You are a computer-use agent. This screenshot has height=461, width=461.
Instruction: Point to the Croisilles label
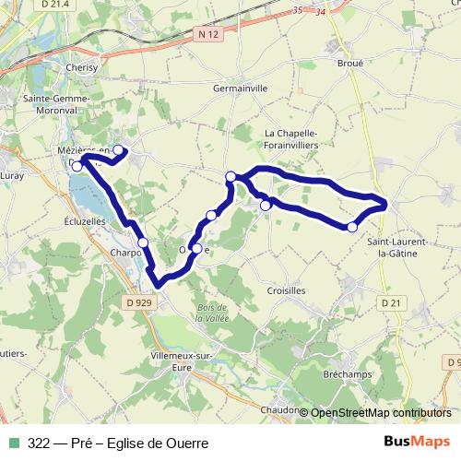point(285,290)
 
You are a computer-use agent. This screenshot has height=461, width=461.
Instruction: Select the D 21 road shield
point(391,302)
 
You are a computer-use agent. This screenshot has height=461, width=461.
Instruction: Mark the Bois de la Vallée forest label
point(212,312)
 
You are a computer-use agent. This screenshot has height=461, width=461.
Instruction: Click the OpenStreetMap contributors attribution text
point(380,412)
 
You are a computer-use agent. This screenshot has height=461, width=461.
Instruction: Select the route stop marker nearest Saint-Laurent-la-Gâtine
point(352,227)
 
